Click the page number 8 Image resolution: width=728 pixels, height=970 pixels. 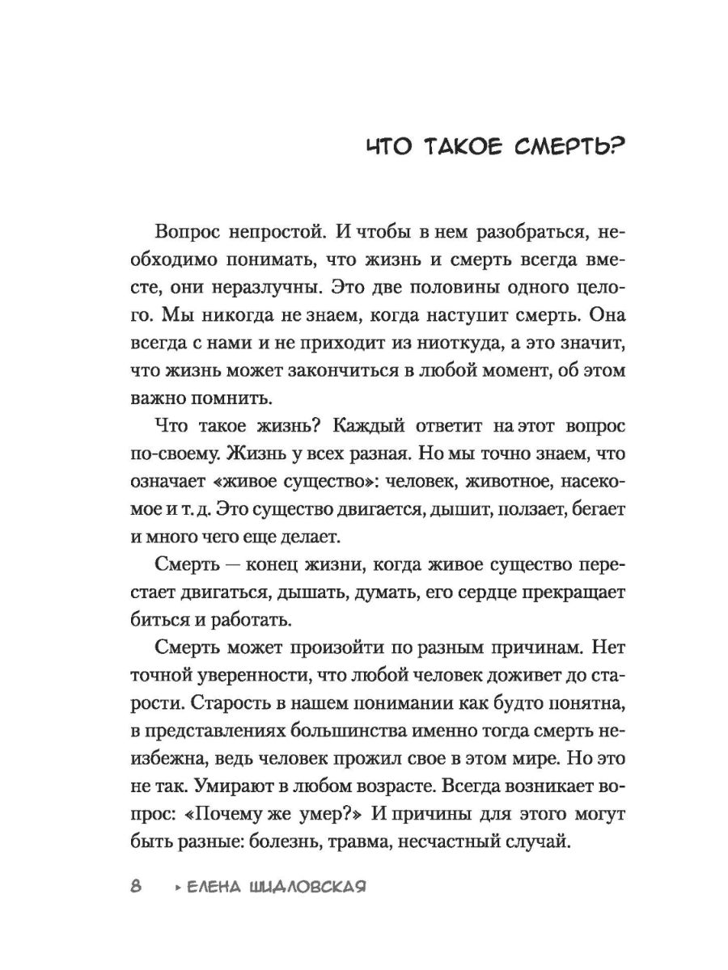[136, 887]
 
